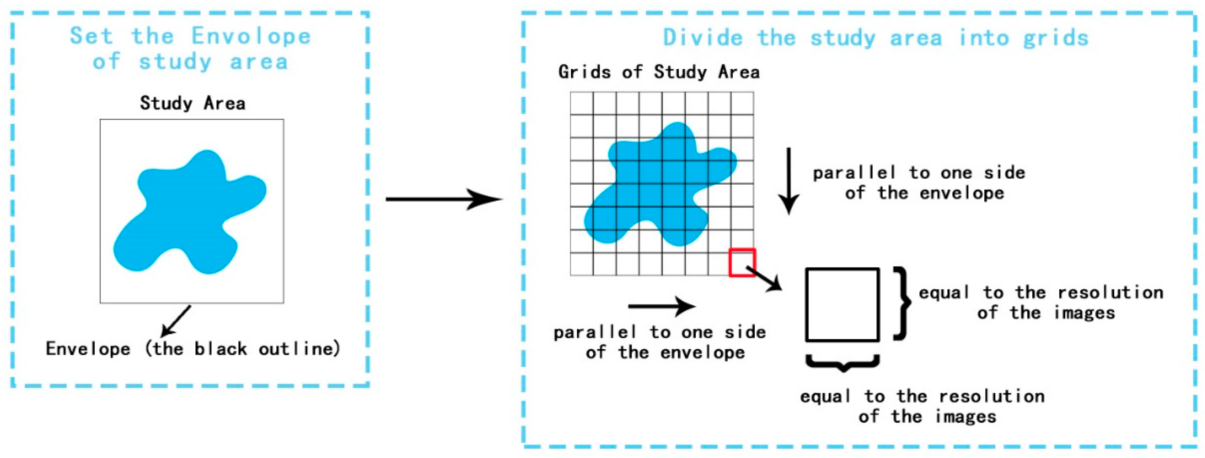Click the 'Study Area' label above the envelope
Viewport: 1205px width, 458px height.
tap(192, 103)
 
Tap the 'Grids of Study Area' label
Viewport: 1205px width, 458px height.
tap(658, 72)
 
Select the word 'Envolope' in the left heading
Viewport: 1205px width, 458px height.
tap(251, 37)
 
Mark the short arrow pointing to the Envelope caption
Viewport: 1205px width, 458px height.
tap(176, 321)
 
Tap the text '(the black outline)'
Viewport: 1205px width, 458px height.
tap(242, 349)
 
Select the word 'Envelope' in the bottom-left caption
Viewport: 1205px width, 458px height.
tap(88, 349)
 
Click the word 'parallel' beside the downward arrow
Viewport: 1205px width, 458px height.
tap(854, 173)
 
